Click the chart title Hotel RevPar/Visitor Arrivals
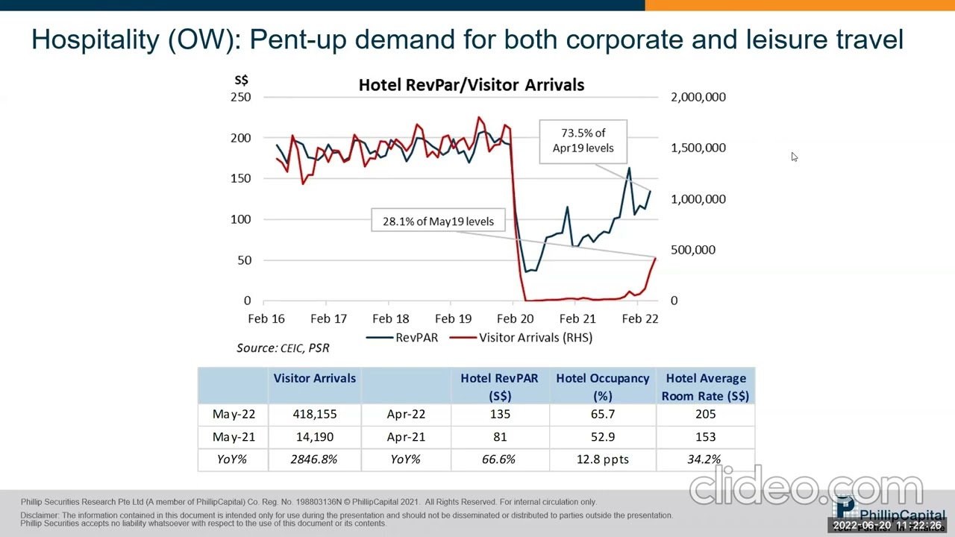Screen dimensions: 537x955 point(471,85)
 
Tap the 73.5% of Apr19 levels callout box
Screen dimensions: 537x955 point(583,140)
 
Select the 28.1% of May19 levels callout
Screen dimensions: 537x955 point(438,221)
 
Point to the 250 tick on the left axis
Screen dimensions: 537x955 point(241,97)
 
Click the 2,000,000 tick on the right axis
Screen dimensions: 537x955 point(698,97)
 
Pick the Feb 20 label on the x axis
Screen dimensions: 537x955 point(515,318)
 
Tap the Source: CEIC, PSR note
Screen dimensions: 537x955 point(283,348)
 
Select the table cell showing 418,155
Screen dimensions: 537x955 point(314,414)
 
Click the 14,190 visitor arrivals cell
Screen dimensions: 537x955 point(314,437)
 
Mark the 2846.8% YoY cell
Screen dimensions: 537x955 point(314,459)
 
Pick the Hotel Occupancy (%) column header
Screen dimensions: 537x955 point(602,387)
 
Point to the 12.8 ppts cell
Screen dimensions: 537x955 point(602,459)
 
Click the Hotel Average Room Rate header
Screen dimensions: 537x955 point(705,387)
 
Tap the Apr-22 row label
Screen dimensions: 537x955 point(406,414)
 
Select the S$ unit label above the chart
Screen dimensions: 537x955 point(241,80)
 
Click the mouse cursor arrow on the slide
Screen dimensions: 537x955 point(794,157)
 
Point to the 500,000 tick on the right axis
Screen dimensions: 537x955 point(692,250)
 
